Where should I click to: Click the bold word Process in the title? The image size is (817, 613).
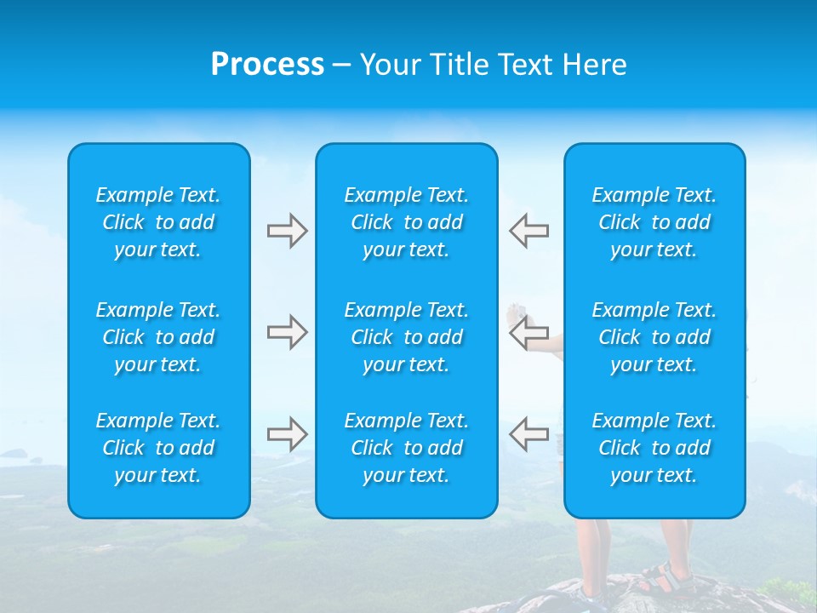(x=267, y=65)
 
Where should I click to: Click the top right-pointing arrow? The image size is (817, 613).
(x=287, y=231)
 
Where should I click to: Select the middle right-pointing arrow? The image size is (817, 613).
(x=287, y=332)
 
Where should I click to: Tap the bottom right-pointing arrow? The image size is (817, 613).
(x=287, y=433)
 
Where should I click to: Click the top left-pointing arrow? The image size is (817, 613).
(x=528, y=231)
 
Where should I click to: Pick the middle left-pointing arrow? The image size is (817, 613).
(x=528, y=332)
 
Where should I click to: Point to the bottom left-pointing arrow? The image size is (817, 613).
(x=528, y=433)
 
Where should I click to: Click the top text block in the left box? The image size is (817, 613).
(x=158, y=222)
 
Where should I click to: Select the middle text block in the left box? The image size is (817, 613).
(x=158, y=337)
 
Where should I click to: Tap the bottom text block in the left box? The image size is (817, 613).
(x=158, y=448)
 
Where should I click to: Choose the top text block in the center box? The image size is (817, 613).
(x=406, y=222)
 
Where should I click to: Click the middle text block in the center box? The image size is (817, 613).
(x=406, y=337)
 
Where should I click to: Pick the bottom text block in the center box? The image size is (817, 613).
(x=406, y=448)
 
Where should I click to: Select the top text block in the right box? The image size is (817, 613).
(x=654, y=222)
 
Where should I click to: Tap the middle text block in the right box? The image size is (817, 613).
(x=654, y=337)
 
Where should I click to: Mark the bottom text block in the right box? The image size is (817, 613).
(x=654, y=448)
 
